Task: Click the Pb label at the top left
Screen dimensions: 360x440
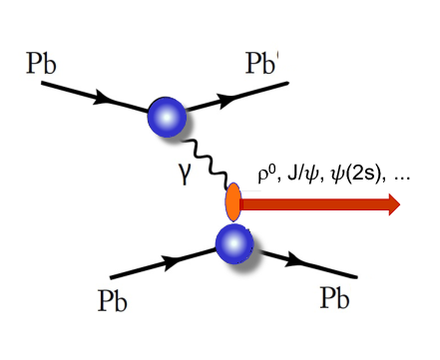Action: [x=41, y=67]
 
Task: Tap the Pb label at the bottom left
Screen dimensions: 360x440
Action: [x=119, y=299]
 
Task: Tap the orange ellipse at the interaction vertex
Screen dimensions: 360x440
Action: [x=233, y=201]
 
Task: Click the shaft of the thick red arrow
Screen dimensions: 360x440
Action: [x=309, y=205]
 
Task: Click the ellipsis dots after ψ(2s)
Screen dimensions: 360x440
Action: [x=401, y=178]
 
